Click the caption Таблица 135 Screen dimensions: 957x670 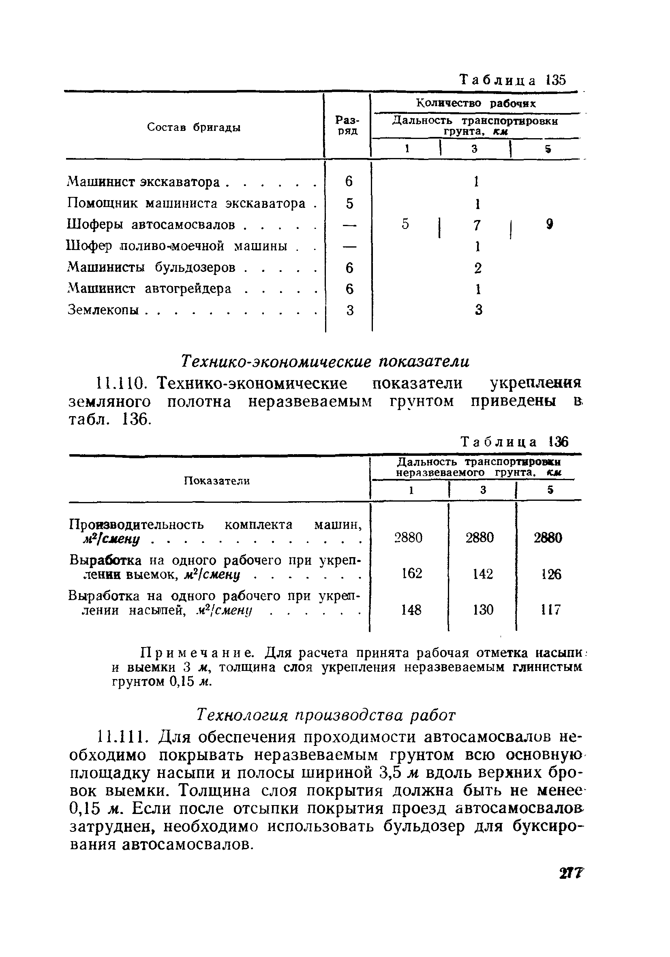click(512, 80)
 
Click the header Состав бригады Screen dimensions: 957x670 click(194, 128)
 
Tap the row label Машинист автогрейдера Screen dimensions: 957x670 click(149, 288)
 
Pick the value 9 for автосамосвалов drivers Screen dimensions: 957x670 click(550, 224)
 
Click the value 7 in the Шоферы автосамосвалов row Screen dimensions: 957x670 click(477, 225)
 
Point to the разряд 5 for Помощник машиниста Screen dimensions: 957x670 click(349, 203)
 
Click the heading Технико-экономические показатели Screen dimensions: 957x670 click(325, 361)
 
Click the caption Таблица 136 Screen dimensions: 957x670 click(514, 442)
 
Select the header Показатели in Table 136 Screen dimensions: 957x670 click(217, 481)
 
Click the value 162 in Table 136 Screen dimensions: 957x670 click(411, 574)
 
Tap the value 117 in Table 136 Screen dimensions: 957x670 click(551, 610)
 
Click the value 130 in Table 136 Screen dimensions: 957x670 click(483, 610)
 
